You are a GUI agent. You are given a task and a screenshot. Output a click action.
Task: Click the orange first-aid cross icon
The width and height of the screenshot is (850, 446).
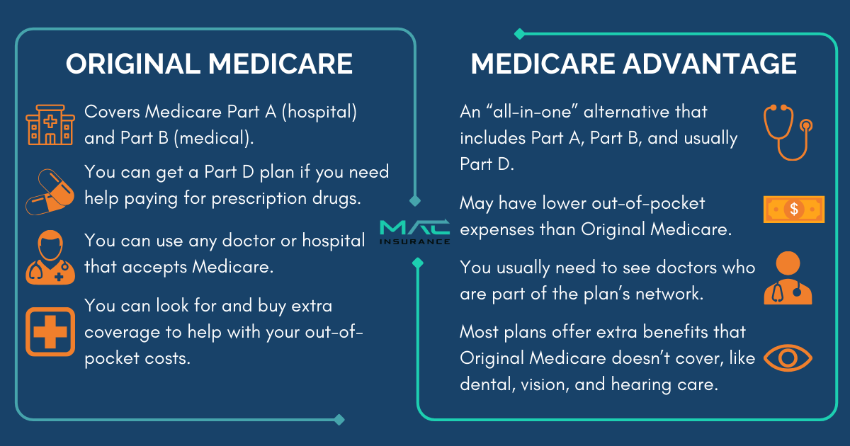pyautogui.click(x=50, y=331)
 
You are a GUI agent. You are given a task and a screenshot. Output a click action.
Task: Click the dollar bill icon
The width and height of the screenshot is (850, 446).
pyautogui.click(x=794, y=209)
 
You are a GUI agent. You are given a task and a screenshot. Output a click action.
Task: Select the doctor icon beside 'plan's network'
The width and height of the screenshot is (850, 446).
pyautogui.click(x=788, y=278)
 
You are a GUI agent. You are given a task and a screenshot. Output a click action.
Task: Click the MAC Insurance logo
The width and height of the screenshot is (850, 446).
pyautogui.click(x=414, y=231)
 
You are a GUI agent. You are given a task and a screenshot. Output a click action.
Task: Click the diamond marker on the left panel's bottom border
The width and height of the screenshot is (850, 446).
pyautogui.click(x=339, y=419)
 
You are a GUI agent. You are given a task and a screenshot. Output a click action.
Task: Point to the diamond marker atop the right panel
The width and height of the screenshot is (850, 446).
pyautogui.click(x=519, y=33)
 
